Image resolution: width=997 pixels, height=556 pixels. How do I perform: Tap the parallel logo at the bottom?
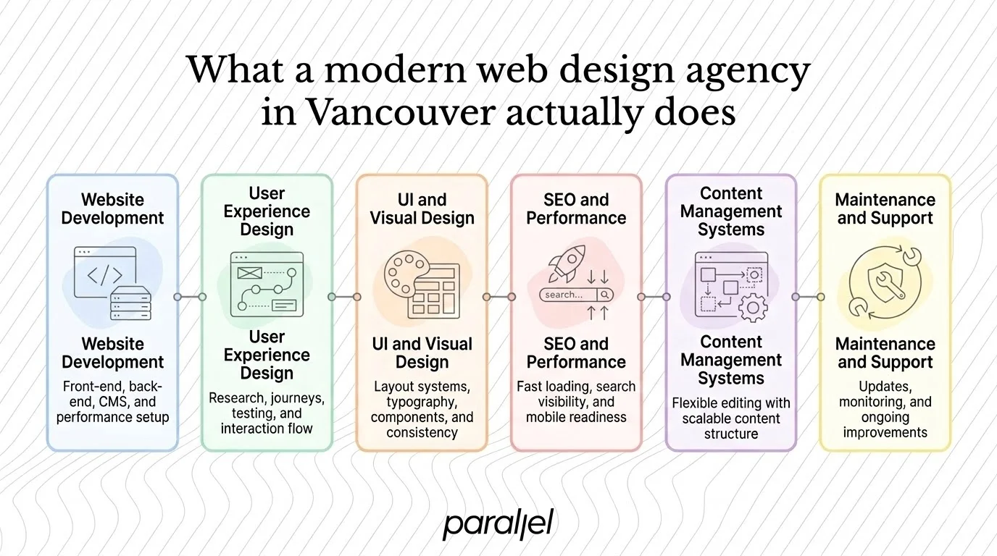498,523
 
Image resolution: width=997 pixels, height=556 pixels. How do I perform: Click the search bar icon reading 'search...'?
576,295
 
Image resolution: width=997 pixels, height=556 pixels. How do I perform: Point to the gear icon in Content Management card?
753,308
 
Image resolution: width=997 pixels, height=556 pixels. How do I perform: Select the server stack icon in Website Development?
131,303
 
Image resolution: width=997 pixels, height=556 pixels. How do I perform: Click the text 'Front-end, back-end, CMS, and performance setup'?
112,402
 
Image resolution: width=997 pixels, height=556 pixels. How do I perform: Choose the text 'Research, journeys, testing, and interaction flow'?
267,413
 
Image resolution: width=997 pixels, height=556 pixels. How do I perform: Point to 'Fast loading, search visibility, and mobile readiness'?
576,402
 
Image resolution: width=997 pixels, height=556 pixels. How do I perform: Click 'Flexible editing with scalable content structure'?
731,418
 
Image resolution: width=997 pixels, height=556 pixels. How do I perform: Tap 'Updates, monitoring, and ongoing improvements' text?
885,409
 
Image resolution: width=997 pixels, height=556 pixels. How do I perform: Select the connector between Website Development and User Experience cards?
190,297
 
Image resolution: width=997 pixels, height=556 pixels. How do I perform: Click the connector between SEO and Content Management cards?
654,297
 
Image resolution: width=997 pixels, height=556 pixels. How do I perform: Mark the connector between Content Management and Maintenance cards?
808,297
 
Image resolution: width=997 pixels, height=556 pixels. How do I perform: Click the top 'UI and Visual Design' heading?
422,209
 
